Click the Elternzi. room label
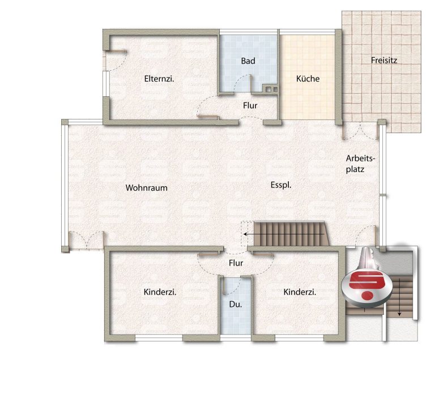[159, 79]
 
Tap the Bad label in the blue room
[248, 61]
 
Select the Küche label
[308, 79]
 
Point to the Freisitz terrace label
[384, 60]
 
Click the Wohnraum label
[147, 188]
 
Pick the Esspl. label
[281, 185]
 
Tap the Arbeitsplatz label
[360, 164]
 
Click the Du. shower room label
[236, 305]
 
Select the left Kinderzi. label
[160, 292]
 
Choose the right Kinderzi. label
[300, 292]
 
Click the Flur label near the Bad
[250, 106]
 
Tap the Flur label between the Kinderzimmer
[236, 263]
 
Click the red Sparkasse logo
[367, 286]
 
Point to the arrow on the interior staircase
[284, 234]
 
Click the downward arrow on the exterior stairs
[399, 297]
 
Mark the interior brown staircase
[291, 233]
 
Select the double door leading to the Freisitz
[360, 131]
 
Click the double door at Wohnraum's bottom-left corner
[87, 240]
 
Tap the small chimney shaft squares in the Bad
[272, 89]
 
